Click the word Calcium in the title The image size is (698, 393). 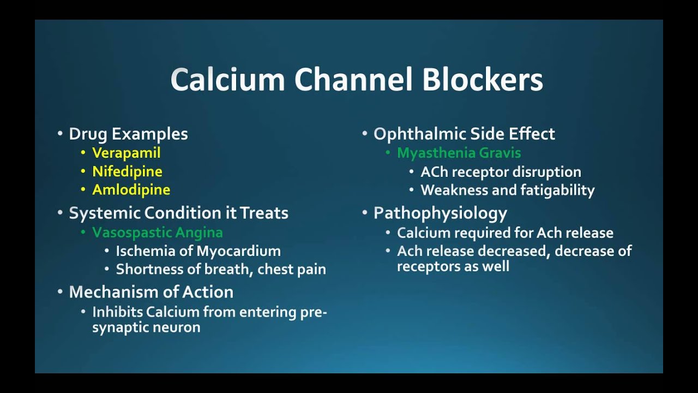point(228,80)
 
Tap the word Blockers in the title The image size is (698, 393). point(483,80)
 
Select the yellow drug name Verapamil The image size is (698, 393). point(126,153)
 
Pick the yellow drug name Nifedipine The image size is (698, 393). point(127,171)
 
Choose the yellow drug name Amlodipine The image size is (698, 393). point(131,190)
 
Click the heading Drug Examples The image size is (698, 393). point(128,134)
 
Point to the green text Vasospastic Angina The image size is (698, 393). point(158,233)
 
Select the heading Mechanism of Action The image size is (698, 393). point(151,292)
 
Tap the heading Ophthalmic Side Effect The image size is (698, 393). point(464,134)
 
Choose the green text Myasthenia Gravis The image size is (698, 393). point(459,153)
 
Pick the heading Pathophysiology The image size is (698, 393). point(440,213)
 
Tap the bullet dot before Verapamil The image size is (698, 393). point(83,153)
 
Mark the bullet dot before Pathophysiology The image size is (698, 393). point(364,213)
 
